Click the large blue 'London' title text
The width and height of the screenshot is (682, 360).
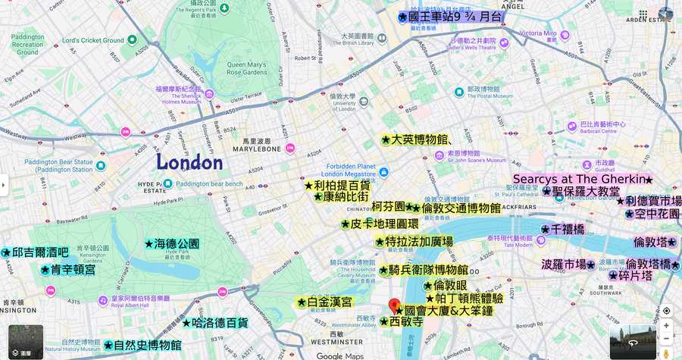[x=189, y=162]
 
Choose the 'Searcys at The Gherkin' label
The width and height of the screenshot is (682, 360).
[x=582, y=180]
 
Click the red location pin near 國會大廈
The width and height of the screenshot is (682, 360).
[x=394, y=305]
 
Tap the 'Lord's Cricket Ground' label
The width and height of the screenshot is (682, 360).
[x=92, y=40]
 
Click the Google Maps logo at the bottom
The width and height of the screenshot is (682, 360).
[x=340, y=355]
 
